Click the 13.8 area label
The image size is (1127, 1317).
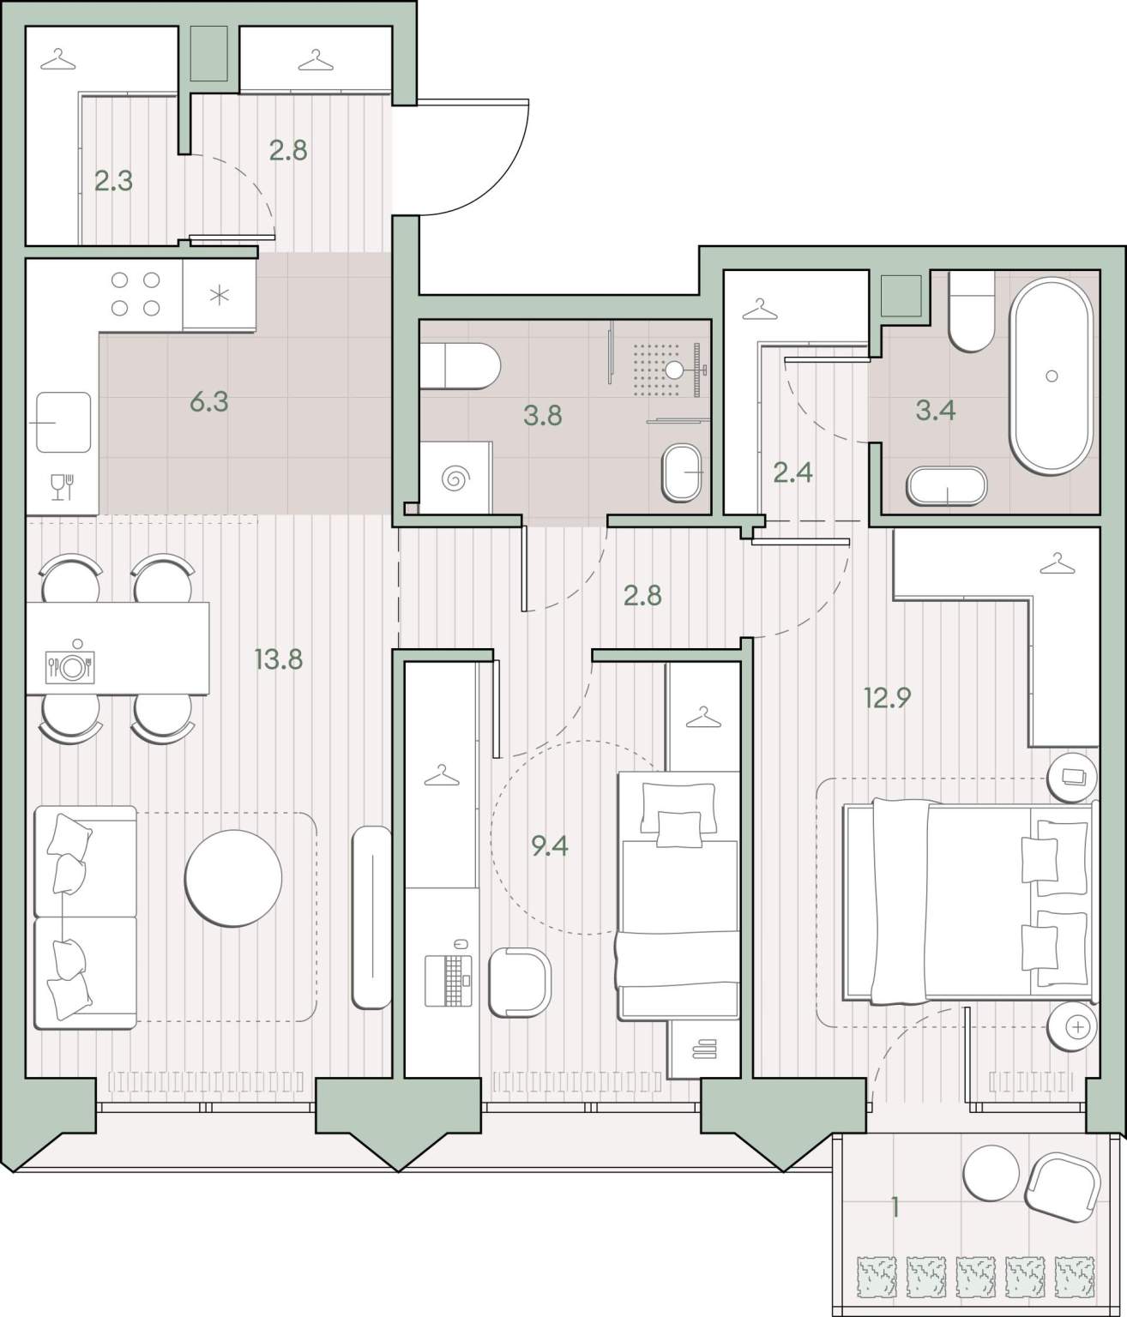[279, 659]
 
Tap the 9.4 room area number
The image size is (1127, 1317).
[550, 846]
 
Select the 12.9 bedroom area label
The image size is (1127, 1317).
[888, 698]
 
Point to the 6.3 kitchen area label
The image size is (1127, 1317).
[209, 402]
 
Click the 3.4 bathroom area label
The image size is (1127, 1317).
[936, 411]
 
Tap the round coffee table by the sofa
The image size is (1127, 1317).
[233, 878]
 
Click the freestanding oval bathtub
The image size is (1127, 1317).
[1052, 376]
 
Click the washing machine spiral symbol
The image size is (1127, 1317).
[455, 478]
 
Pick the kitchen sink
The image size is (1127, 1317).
[63, 422]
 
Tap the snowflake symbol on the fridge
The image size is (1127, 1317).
[220, 295]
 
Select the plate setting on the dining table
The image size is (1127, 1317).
[70, 666]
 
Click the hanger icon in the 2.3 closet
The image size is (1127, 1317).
[58, 59]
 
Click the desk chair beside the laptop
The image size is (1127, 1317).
[520, 982]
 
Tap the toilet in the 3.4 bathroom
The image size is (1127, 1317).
[972, 311]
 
